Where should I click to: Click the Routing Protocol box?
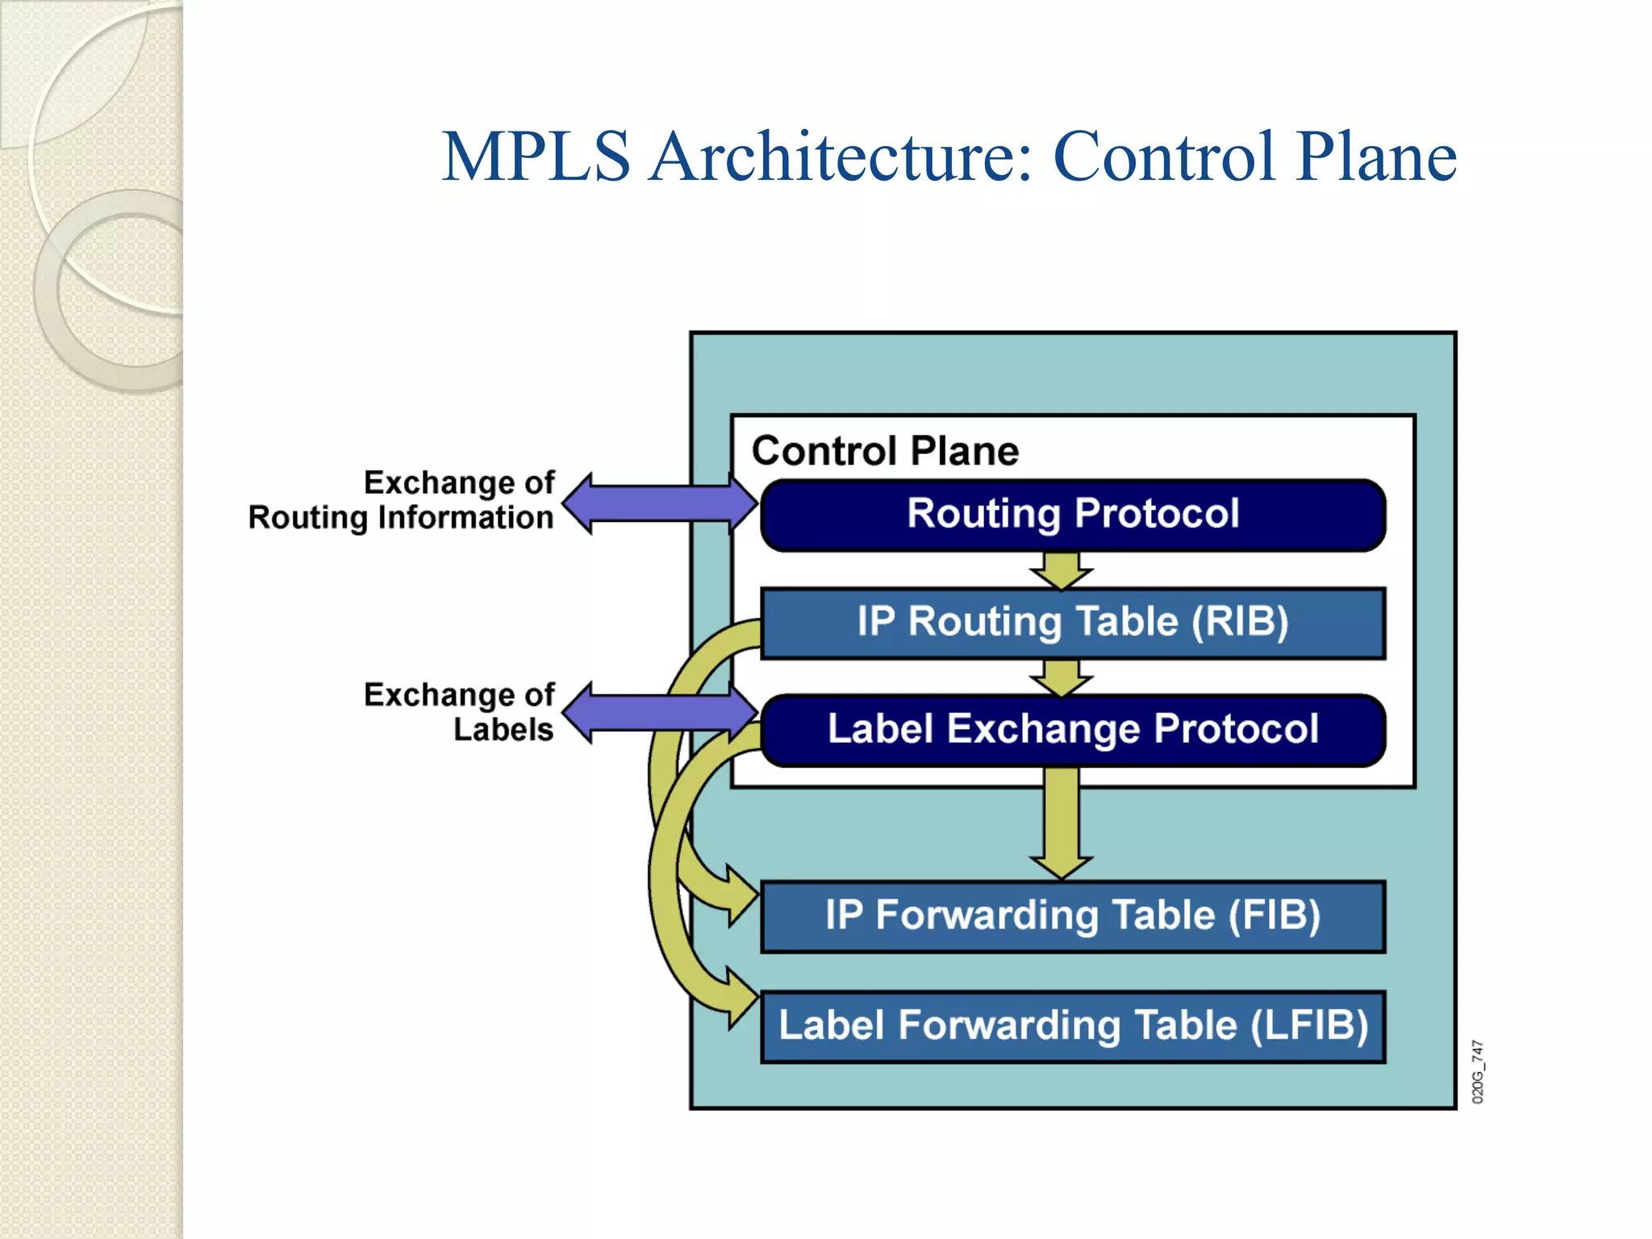pos(1073,515)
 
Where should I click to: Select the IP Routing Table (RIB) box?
pos(1073,623)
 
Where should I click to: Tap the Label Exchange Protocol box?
pos(1073,729)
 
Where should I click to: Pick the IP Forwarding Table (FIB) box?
pos(1073,916)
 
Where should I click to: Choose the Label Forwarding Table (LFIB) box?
pos(1073,1026)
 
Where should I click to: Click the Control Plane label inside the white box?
pos(885,450)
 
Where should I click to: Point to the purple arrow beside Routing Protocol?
pos(659,504)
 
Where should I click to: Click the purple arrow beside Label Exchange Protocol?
pos(659,712)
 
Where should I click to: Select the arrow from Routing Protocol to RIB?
pos(1062,570)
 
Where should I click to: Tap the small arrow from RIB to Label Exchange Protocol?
pos(1062,678)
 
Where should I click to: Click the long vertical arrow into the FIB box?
pos(1062,823)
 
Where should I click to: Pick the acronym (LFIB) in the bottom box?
pos(1309,1026)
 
